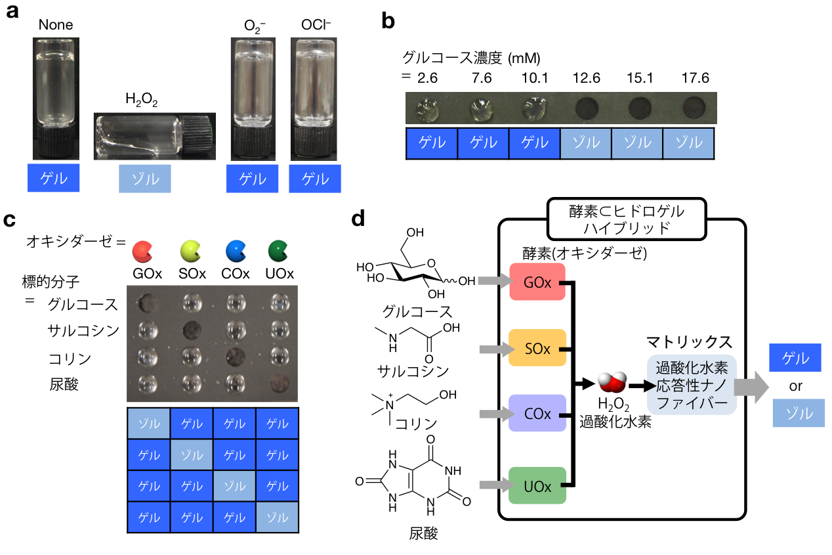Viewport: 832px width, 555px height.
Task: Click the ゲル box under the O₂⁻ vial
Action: tap(252, 179)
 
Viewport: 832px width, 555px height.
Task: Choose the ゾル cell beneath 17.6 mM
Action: tap(688, 144)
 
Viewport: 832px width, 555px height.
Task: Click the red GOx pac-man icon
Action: tap(141, 251)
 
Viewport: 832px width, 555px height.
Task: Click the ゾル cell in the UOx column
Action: tap(277, 518)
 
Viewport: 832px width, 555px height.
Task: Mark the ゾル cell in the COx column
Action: tap(234, 486)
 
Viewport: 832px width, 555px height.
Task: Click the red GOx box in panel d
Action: tap(537, 282)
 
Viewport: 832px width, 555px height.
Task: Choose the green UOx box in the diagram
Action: tap(537, 485)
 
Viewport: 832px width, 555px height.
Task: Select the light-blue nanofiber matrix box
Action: tap(692, 385)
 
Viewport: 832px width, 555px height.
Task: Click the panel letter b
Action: tap(388, 21)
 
